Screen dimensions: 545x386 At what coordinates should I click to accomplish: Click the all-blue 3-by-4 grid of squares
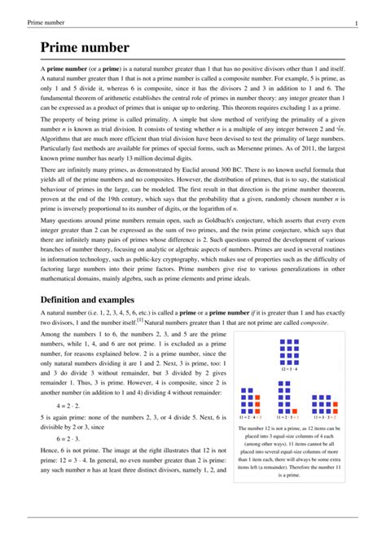[x=290, y=350]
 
